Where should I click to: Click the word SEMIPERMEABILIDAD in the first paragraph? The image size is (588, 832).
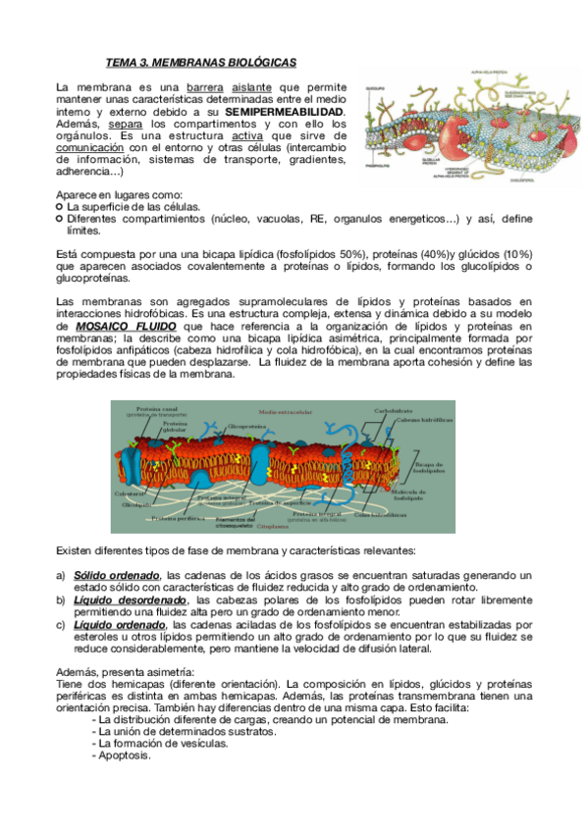[286, 112]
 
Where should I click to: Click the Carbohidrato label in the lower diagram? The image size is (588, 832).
[393, 410]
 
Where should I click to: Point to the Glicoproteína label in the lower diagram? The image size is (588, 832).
[247, 426]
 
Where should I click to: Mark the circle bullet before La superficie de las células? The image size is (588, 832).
[60, 207]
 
